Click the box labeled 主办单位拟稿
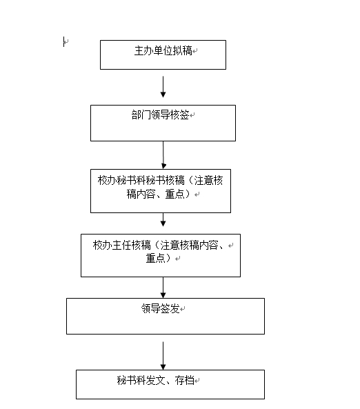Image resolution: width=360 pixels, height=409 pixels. click(x=163, y=54)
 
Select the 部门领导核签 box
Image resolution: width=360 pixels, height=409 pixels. click(x=163, y=123)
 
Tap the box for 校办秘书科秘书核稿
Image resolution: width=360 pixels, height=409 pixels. click(x=160, y=190)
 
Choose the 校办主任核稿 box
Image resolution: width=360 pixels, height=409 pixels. click(x=160, y=255)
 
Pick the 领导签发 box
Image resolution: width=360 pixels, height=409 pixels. click(x=165, y=316)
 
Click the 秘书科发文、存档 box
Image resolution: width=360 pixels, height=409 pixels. click(x=170, y=384)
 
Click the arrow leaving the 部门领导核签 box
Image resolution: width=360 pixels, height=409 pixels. click(x=163, y=154)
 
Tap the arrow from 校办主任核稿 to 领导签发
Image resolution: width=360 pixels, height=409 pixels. click(x=163, y=287)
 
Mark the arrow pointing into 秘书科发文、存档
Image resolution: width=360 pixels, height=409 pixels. click(x=163, y=355)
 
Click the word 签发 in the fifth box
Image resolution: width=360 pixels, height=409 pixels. click(x=170, y=309)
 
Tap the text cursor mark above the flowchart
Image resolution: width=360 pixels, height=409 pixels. click(x=64, y=43)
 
